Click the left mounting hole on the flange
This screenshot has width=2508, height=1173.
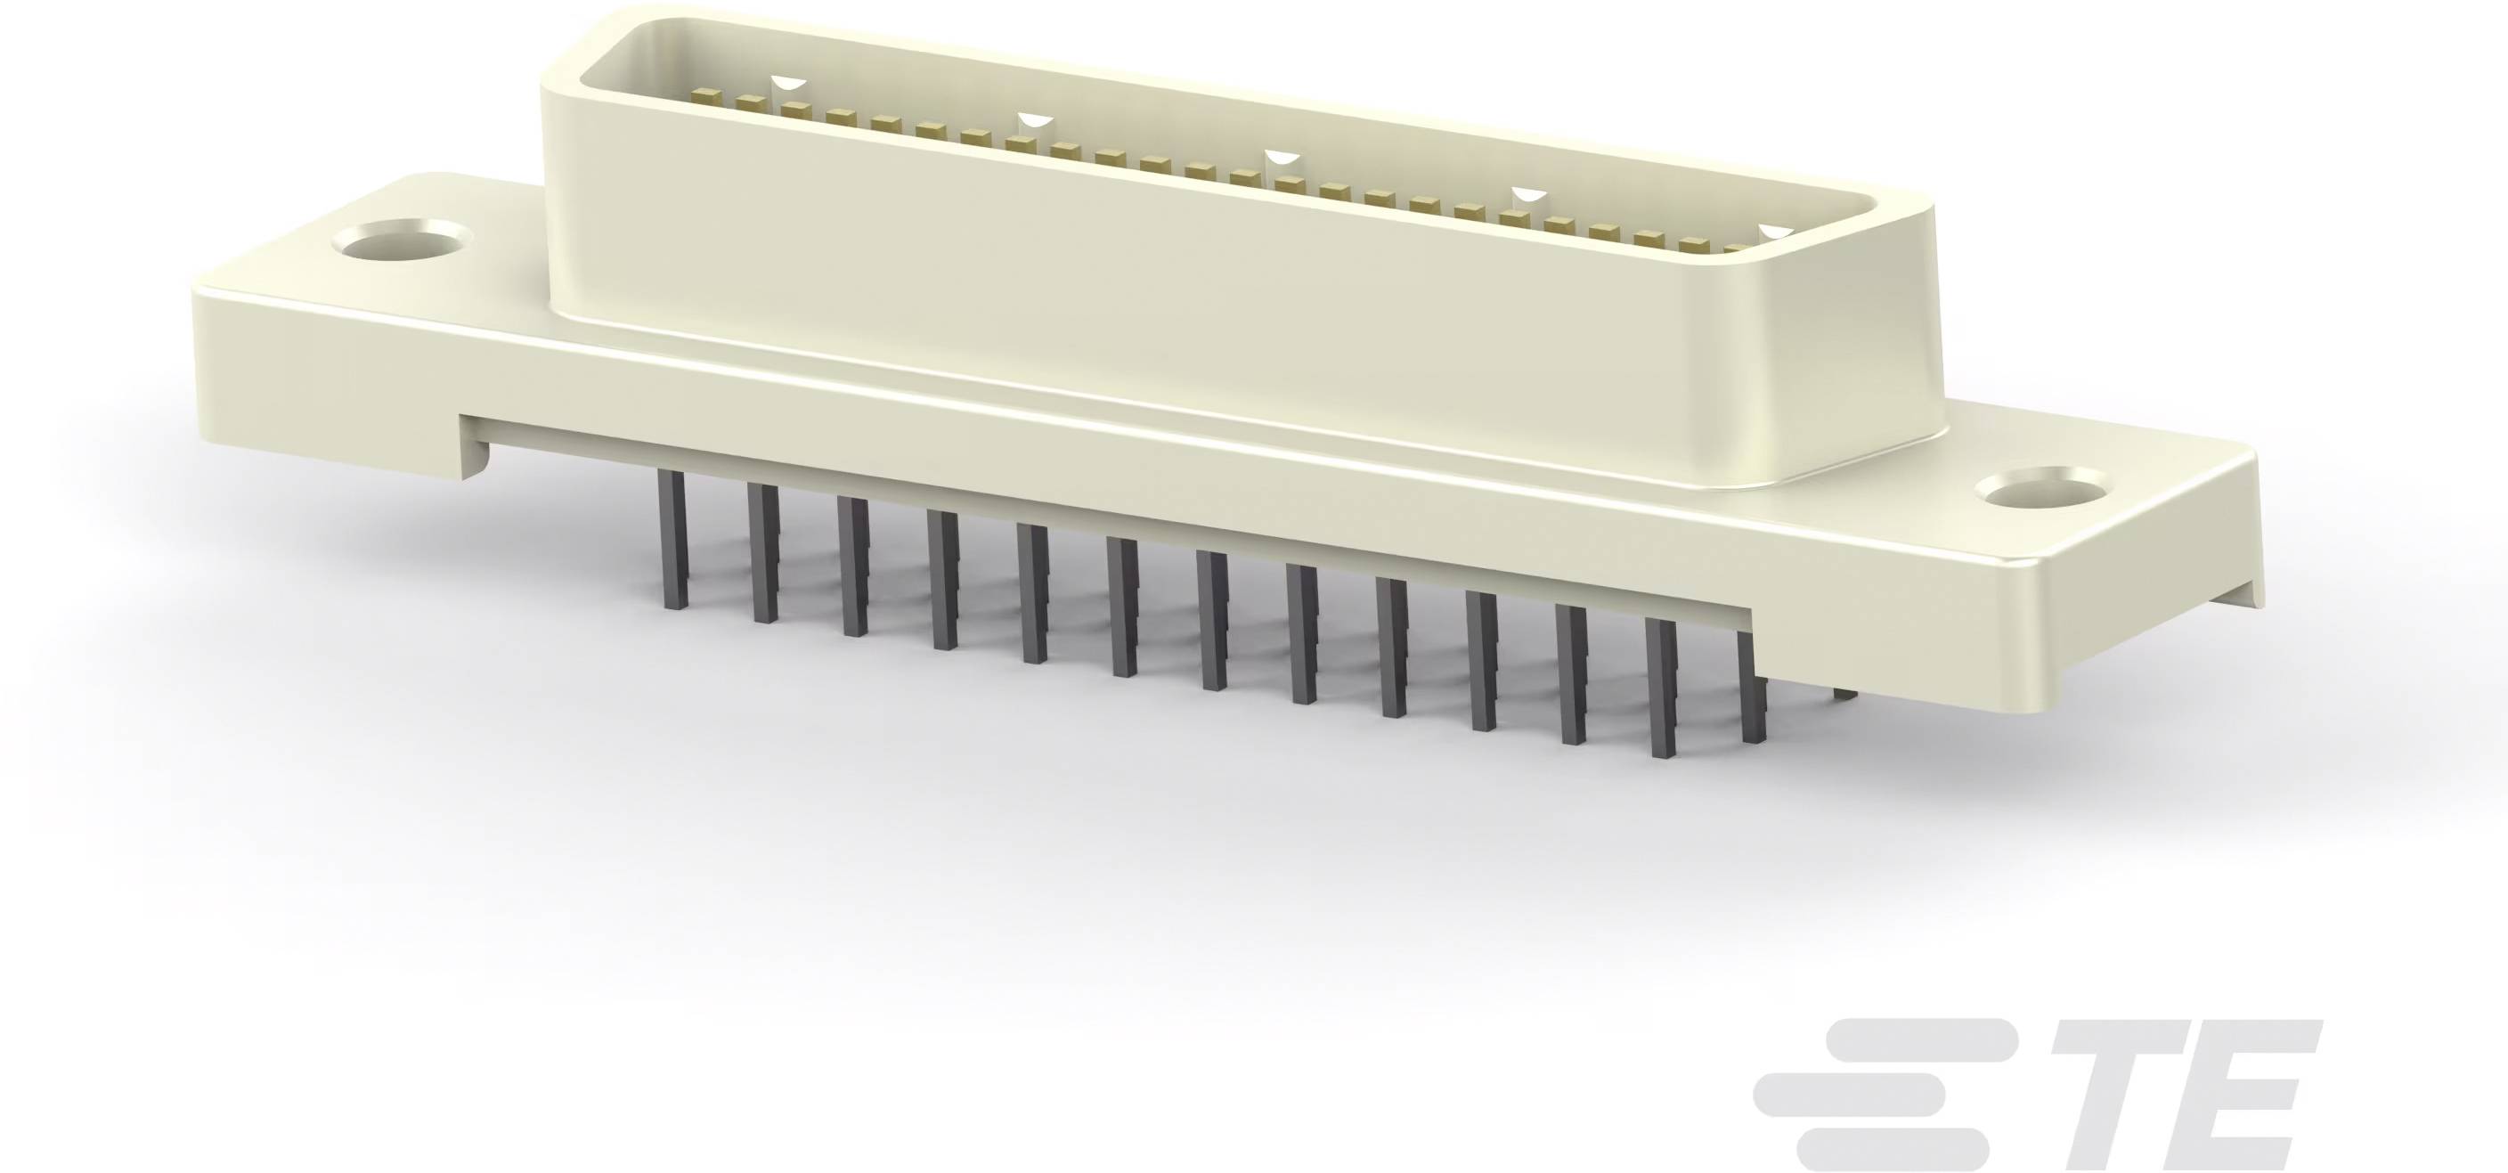[x=400, y=240]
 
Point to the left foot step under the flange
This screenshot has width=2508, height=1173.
[x=472, y=457]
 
